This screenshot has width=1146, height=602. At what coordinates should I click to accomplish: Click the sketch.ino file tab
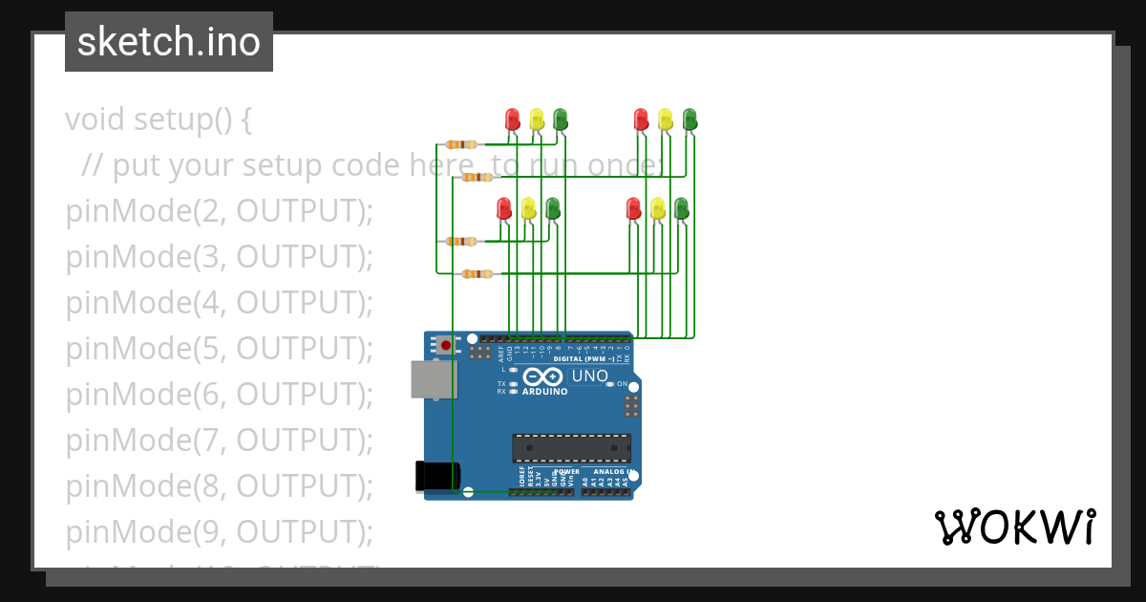pyautogui.click(x=169, y=42)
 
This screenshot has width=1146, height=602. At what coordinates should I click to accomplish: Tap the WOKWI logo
pyautogui.click(x=1014, y=527)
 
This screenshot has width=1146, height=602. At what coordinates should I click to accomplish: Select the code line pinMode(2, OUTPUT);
pyautogui.click(x=219, y=211)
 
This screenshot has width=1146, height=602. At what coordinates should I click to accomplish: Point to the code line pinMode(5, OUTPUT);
pyautogui.click(x=219, y=349)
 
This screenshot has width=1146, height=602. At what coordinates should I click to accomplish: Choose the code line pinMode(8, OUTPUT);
pyautogui.click(x=219, y=486)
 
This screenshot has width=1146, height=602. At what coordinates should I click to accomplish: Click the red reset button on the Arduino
pyautogui.click(x=445, y=344)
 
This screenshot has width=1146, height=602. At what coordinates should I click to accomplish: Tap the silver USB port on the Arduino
pyautogui.click(x=433, y=379)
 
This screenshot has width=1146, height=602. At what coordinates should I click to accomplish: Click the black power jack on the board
pyautogui.click(x=437, y=476)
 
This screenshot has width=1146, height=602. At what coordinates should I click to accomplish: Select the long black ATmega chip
pyautogui.click(x=571, y=448)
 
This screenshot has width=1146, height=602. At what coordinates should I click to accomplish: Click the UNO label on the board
pyautogui.click(x=589, y=376)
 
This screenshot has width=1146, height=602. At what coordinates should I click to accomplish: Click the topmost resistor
pyautogui.click(x=461, y=144)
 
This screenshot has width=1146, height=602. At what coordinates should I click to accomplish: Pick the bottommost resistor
pyautogui.click(x=477, y=274)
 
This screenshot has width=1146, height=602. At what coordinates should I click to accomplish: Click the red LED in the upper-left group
pyautogui.click(x=513, y=118)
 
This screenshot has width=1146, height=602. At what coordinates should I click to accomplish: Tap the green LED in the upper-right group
pyautogui.click(x=690, y=118)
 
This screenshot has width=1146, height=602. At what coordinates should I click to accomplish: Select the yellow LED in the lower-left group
pyautogui.click(x=528, y=207)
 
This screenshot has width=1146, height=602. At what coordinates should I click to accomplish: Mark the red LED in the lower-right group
pyautogui.click(x=633, y=207)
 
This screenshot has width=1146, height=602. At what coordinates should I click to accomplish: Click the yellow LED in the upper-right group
pyautogui.click(x=666, y=118)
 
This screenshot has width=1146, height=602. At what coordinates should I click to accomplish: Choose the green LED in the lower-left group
pyautogui.click(x=552, y=207)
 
